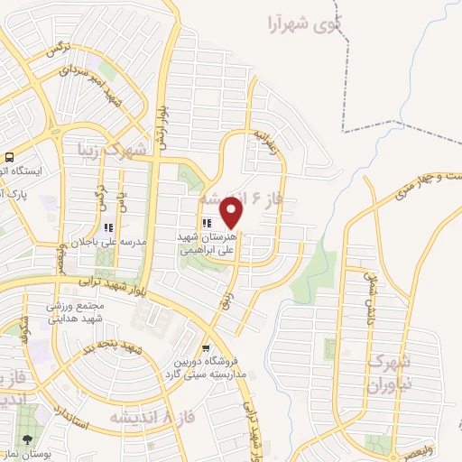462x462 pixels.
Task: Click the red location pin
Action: (232, 213)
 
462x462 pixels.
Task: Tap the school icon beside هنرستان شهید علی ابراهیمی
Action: (208, 223)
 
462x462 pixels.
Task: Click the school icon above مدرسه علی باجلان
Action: (109, 227)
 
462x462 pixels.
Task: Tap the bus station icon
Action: (9, 156)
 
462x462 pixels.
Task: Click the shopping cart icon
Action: (207, 347)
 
